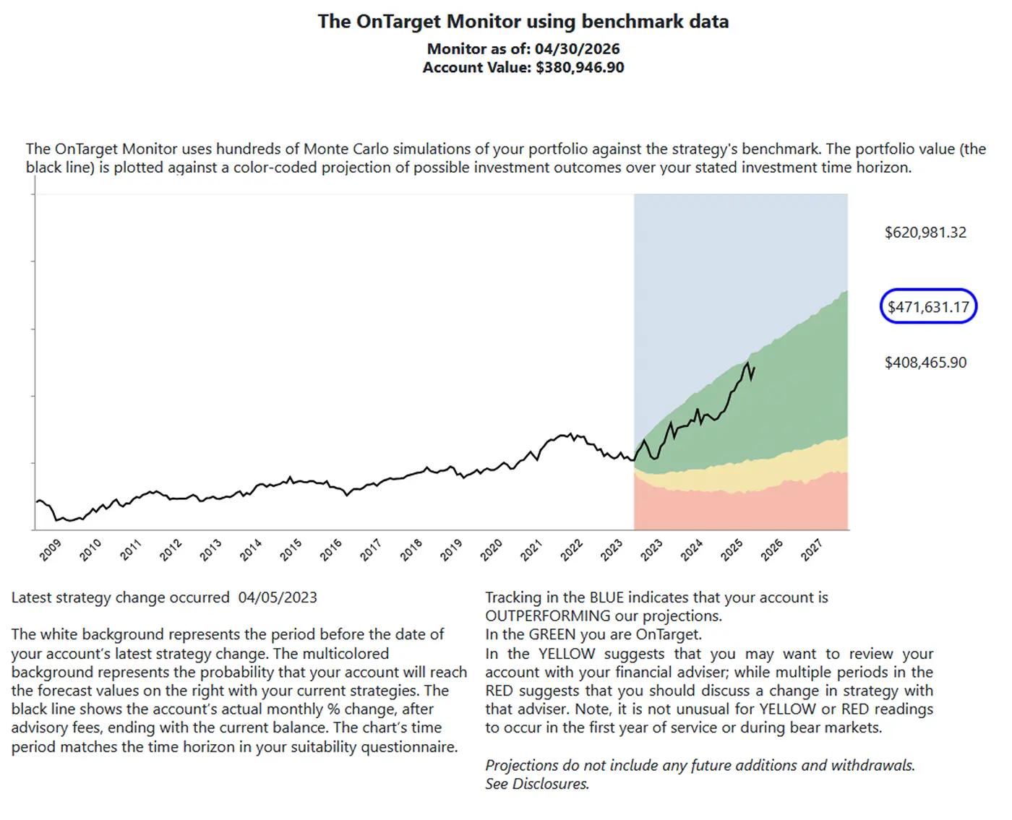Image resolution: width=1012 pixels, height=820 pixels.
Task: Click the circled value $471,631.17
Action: click(x=928, y=307)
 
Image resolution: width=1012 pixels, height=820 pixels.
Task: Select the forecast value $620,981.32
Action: click(x=925, y=232)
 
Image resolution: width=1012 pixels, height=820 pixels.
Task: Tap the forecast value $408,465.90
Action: click(x=925, y=362)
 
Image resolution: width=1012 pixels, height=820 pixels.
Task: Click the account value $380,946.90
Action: click(x=580, y=67)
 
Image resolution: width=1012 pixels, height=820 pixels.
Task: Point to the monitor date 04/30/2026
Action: click(x=577, y=48)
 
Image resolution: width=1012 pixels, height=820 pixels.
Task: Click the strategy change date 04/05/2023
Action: click(x=278, y=597)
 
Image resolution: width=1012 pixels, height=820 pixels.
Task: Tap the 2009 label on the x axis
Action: click(x=51, y=551)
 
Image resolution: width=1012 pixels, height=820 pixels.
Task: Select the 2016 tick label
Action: click(x=330, y=551)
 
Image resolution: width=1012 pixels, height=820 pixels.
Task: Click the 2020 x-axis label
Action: click(x=491, y=551)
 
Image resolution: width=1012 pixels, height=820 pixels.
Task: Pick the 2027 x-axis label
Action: click(x=811, y=551)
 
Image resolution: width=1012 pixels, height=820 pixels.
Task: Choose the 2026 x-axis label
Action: click(x=771, y=551)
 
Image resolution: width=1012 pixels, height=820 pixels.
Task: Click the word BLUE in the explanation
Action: click(x=607, y=597)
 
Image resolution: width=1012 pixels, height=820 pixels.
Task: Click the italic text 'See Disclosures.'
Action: click(x=537, y=783)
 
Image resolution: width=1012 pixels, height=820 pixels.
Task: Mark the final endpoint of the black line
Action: click(x=754, y=368)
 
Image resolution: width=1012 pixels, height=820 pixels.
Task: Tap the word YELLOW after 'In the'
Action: click(x=566, y=653)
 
